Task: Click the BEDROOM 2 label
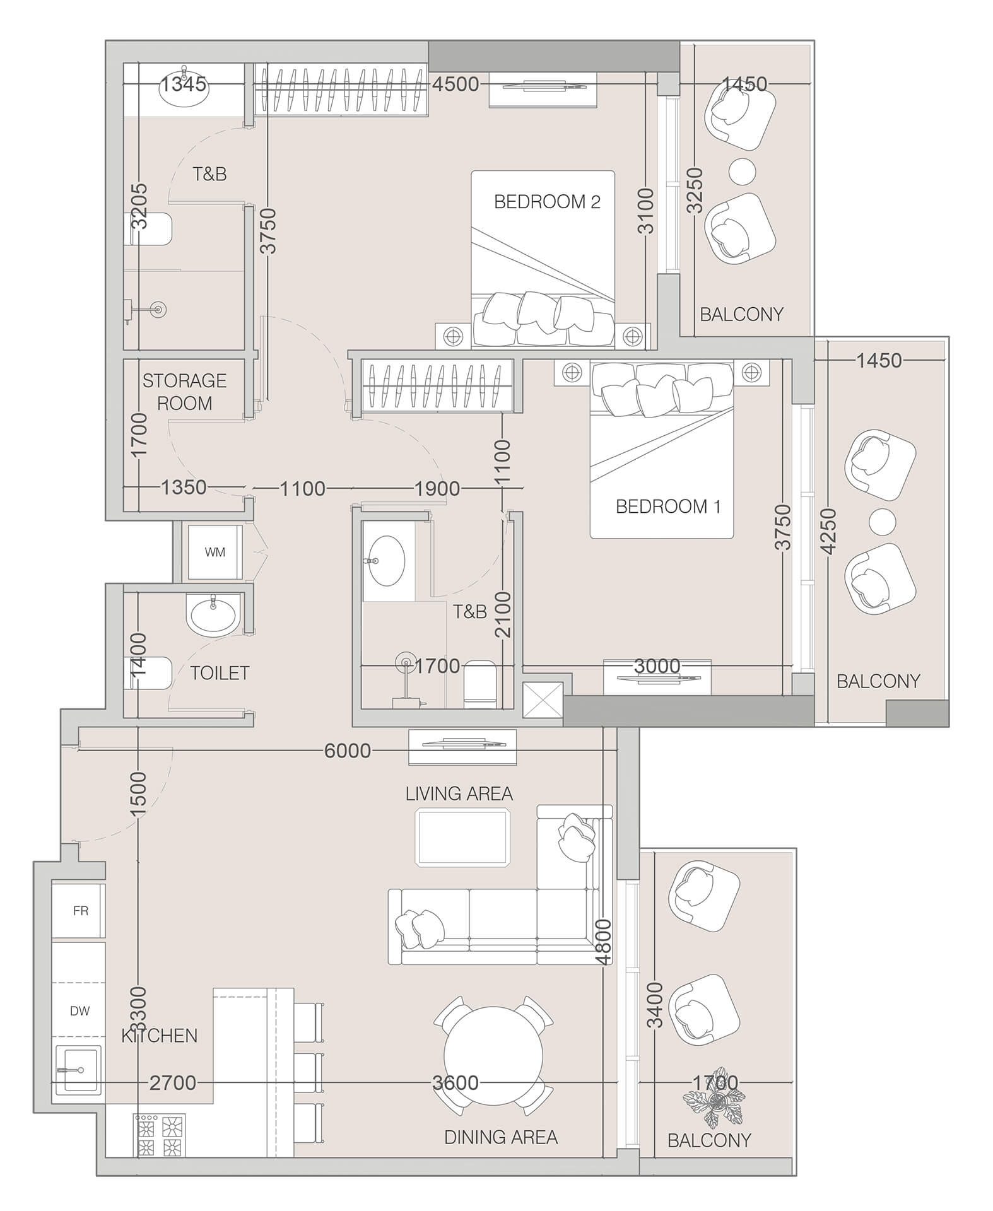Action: (x=546, y=202)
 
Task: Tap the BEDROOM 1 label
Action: (x=667, y=506)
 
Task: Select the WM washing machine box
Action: (x=215, y=553)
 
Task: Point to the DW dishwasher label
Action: (x=79, y=1011)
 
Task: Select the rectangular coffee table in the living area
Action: (x=462, y=837)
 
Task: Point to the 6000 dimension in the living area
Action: (x=347, y=751)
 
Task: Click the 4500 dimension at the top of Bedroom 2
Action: (x=455, y=84)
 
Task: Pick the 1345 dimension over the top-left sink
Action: (x=183, y=84)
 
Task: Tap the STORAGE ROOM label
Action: (x=184, y=392)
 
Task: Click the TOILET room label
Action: (x=220, y=673)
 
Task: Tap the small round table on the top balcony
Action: (x=742, y=171)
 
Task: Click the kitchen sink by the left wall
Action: (x=78, y=1070)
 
